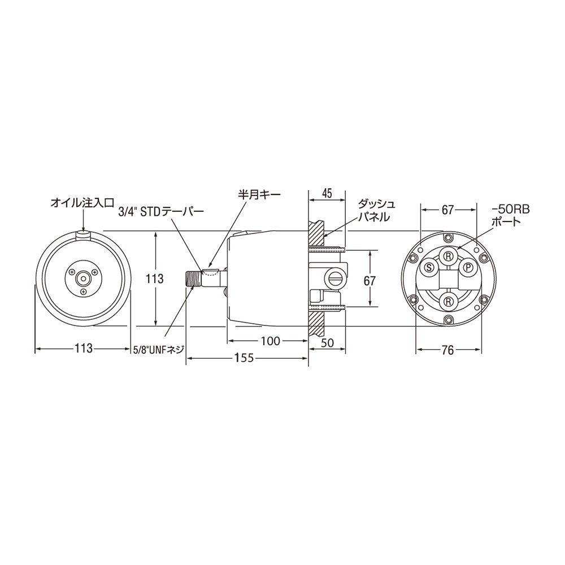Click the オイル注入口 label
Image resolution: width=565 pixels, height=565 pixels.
(x=82, y=203)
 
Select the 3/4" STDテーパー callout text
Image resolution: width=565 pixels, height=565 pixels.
(x=162, y=211)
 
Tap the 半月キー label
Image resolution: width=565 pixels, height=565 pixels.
(x=259, y=194)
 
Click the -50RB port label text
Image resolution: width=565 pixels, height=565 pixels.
(x=511, y=215)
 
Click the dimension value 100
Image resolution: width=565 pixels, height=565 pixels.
(x=270, y=341)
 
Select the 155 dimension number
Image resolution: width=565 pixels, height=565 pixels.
(x=244, y=358)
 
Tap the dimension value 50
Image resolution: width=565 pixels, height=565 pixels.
(x=327, y=343)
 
